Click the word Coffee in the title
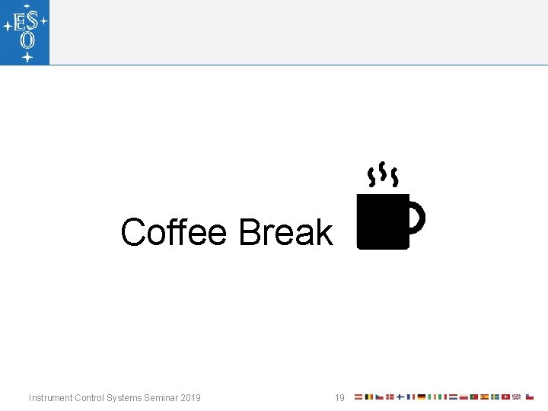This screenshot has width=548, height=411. [174, 232]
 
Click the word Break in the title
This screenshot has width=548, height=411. [285, 232]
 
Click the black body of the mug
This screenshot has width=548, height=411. [383, 221]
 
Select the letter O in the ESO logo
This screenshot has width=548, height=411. [27, 40]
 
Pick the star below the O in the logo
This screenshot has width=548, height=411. [27, 57]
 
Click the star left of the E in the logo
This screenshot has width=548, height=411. [7, 25]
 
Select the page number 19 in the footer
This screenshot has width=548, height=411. [339, 397]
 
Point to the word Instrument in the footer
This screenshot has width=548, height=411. [51, 397]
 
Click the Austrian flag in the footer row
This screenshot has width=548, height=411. [358, 397]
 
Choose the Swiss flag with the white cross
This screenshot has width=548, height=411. [505, 397]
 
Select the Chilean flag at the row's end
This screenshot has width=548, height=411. [530, 397]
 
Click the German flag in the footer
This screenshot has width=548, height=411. [422, 397]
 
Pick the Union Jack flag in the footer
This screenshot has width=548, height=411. [516, 397]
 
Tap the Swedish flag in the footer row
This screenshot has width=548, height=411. [495, 397]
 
